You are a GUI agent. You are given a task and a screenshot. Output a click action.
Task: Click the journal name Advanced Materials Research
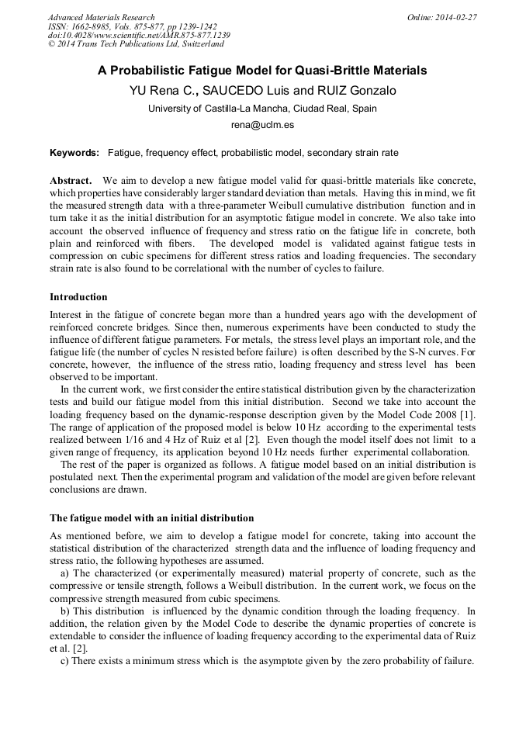click(101, 17)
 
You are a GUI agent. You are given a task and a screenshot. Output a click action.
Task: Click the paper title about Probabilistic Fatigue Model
click(262, 70)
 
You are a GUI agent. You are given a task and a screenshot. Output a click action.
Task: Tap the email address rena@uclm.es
click(262, 124)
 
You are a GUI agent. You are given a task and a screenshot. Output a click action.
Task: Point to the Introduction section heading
click(78, 297)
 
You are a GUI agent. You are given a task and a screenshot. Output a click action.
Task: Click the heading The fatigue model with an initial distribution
click(151, 517)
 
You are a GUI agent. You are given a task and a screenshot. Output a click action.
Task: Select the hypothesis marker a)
click(65, 573)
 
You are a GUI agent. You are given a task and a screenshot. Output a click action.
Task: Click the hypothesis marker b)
click(65, 611)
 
